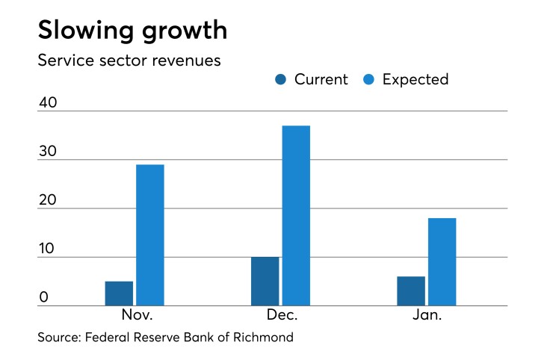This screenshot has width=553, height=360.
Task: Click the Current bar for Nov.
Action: (x=120, y=294)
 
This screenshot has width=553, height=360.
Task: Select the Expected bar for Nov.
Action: (x=149, y=235)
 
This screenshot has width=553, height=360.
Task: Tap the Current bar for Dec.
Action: (x=265, y=282)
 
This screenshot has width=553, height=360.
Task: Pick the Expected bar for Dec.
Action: (x=296, y=216)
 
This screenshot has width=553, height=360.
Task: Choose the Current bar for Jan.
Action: (x=411, y=291)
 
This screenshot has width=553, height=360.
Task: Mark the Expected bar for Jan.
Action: (x=442, y=262)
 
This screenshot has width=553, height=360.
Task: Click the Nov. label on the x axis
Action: (x=135, y=316)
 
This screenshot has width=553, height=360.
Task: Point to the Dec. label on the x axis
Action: (x=280, y=316)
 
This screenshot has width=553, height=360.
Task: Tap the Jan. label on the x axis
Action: (x=427, y=316)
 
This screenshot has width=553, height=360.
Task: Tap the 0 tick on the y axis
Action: (x=43, y=297)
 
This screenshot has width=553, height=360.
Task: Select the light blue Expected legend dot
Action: (x=368, y=80)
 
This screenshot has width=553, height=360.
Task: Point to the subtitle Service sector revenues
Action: (x=129, y=60)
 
